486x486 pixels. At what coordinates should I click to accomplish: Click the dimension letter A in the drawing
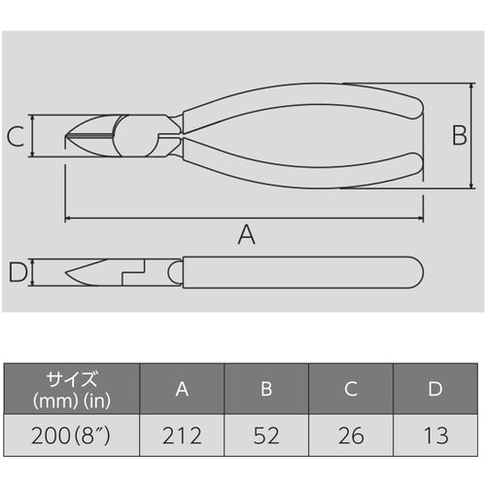(x=246, y=233)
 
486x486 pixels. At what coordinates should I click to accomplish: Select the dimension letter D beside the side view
(x=17, y=273)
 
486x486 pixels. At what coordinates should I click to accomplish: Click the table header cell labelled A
(x=182, y=389)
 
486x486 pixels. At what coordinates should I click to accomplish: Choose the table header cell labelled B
(x=266, y=389)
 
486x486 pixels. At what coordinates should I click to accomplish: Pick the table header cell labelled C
(x=351, y=389)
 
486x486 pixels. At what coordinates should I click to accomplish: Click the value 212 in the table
(x=182, y=433)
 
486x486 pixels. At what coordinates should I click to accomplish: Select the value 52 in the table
(x=266, y=433)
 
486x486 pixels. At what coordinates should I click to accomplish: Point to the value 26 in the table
(x=351, y=433)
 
